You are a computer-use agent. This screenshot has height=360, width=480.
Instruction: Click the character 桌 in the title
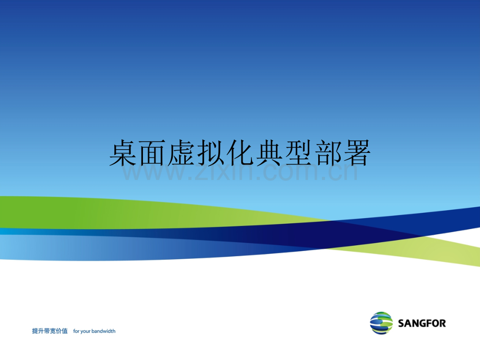coord(123,153)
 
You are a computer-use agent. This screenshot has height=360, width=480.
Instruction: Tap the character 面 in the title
coord(152,153)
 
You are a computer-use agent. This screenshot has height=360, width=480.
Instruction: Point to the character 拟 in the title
coord(211,153)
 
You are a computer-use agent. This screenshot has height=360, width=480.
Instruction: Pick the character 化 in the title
coord(240,153)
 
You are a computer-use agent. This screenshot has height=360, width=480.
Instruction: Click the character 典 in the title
coord(269,153)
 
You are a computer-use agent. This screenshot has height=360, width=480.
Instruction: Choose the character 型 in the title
coord(298,153)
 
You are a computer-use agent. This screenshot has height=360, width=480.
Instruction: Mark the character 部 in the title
coord(328,153)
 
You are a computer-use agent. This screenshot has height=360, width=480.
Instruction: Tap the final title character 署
coord(357,153)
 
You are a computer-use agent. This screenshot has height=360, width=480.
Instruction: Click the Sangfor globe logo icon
coord(381,323)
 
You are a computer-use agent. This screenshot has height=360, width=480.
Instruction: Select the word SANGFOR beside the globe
coord(422,323)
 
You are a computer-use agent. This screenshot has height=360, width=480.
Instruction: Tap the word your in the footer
coord(86,331)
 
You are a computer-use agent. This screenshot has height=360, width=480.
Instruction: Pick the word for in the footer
coord(76,331)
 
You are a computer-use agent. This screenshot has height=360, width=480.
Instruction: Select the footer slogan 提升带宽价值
coord(50,331)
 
